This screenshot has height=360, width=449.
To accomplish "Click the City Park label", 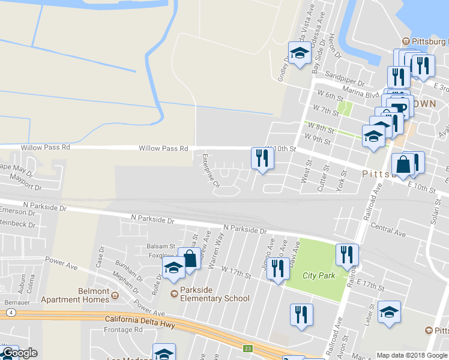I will pos(316,275).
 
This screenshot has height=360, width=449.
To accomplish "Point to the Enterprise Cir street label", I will pos(211,171).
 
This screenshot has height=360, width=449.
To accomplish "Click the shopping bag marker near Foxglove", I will pos(190,259).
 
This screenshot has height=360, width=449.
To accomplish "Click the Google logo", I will pos(19,353).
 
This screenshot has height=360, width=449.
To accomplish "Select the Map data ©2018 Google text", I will pos(412,355).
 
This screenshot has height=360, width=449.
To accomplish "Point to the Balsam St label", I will pos(160,247).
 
